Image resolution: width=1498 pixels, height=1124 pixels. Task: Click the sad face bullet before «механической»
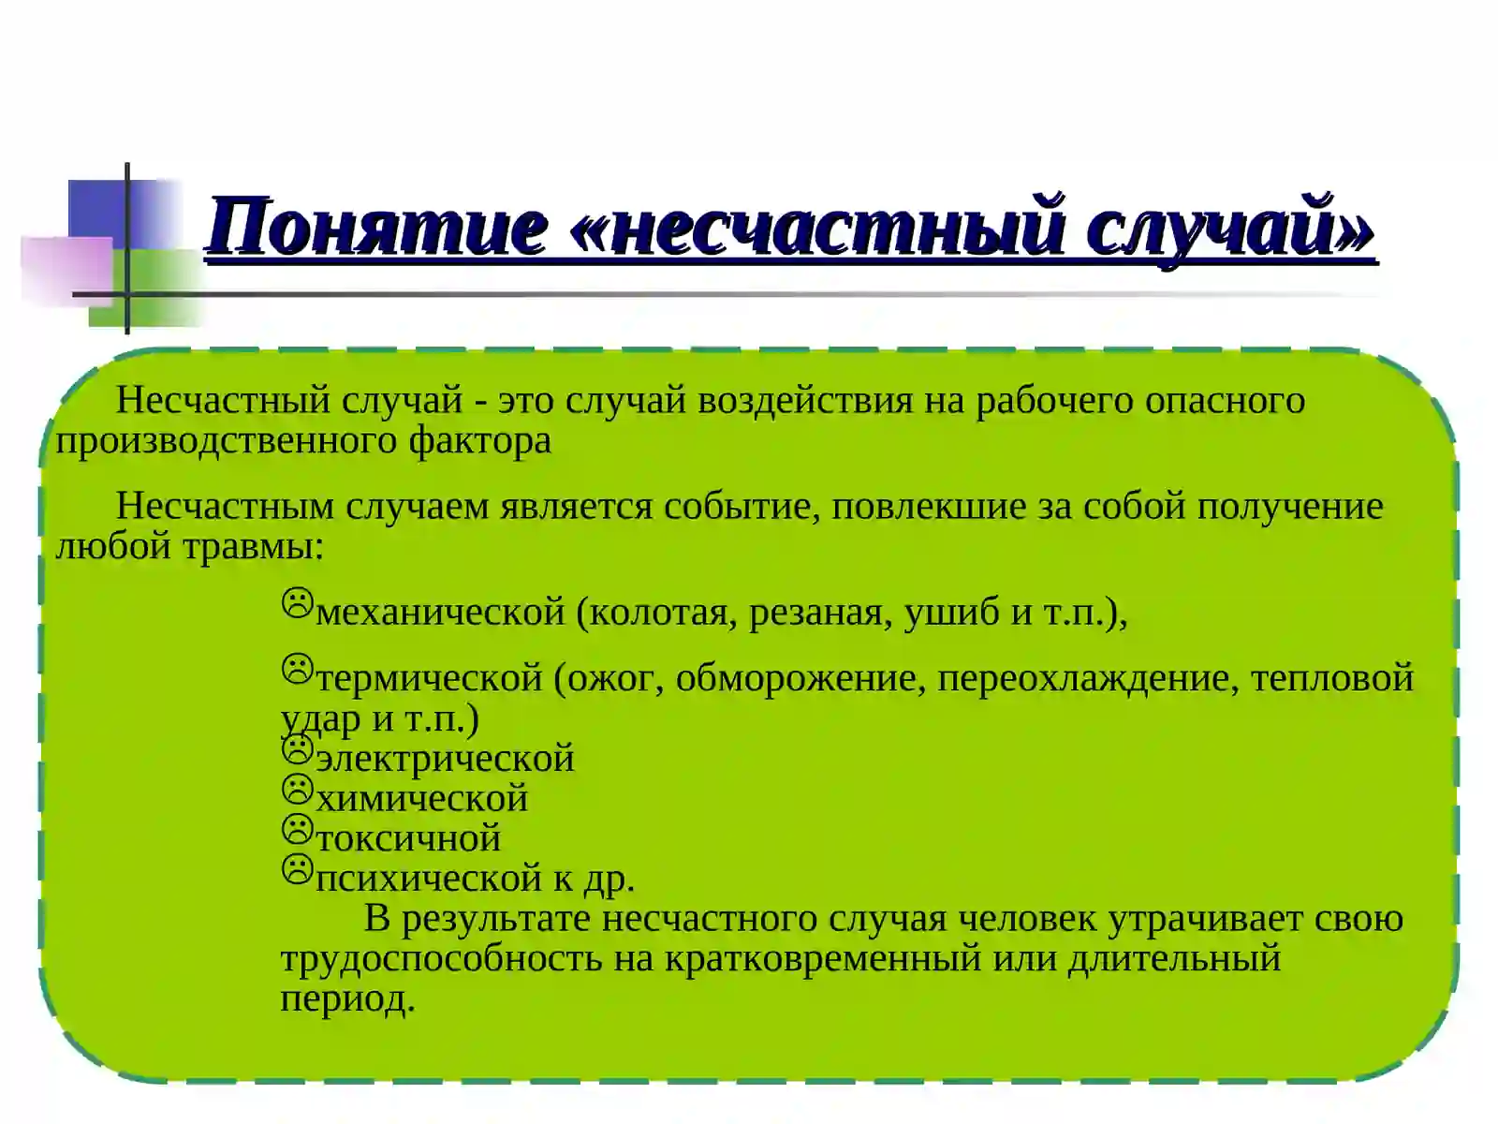pos(297,603)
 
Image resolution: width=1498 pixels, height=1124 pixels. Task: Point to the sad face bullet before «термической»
pos(297,668)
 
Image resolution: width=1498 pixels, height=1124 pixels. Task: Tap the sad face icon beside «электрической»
pos(297,749)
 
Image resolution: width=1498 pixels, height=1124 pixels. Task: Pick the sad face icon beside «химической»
pos(297,790)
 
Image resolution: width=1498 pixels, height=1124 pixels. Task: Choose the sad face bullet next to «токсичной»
pos(297,830)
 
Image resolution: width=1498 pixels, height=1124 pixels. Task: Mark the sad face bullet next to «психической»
pos(297,870)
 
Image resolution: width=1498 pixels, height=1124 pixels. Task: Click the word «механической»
pos(441,613)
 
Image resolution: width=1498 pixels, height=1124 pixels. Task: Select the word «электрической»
pos(446,759)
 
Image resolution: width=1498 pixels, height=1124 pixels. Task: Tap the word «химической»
pos(422,799)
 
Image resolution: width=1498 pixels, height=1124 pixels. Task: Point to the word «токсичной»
pos(408,838)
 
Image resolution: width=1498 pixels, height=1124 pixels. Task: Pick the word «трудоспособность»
pos(441,959)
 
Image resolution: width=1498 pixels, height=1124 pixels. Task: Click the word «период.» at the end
pos(347,999)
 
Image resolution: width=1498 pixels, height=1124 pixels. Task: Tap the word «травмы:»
pos(253,546)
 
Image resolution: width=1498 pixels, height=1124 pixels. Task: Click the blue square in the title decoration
pos(97,208)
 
